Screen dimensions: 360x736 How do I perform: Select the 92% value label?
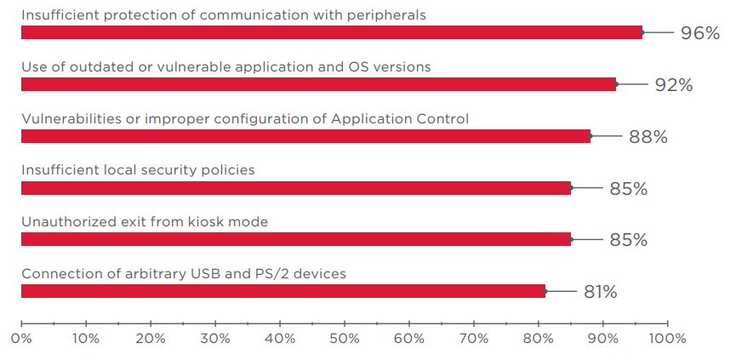pyautogui.click(x=674, y=85)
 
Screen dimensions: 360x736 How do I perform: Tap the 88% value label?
pyautogui.click(x=648, y=137)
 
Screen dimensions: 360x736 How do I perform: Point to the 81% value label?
pyautogui.click(x=600, y=293)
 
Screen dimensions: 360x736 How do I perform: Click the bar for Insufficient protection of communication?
pyautogui.click(x=332, y=32)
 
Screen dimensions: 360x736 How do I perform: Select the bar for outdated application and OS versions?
pyautogui.click(x=318, y=84)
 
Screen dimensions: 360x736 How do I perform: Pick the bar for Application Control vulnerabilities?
pyautogui.click(x=305, y=136)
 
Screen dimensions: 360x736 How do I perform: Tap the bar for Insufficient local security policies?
pyautogui.click(x=295, y=188)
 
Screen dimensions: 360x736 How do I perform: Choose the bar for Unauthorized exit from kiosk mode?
pyautogui.click(x=295, y=240)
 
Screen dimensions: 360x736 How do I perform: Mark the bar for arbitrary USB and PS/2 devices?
pyautogui.click(x=282, y=291)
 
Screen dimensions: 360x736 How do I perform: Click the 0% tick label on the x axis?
pyautogui.click(x=21, y=339)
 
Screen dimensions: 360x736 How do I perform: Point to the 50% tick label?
pyautogui.click(x=344, y=339)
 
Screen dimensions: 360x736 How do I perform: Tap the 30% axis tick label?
pyautogui.click(x=215, y=339)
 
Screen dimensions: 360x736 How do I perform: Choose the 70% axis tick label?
pyautogui.click(x=473, y=339)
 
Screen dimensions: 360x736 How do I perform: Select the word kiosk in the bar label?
pyautogui.click(x=210, y=222)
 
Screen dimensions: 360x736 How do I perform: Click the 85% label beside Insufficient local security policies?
pyautogui.click(x=628, y=189)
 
